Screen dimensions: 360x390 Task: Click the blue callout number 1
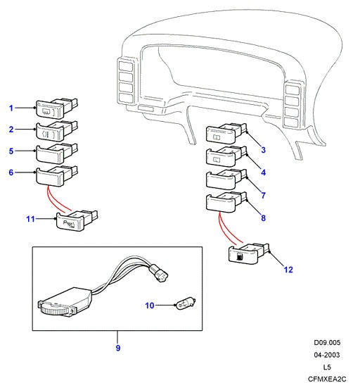point(11,108)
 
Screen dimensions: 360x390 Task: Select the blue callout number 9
point(118,348)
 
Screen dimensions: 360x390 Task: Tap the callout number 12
point(288,270)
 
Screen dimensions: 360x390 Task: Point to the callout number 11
point(30,219)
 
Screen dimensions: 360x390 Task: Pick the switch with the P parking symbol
point(77,220)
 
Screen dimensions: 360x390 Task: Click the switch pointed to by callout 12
point(249,253)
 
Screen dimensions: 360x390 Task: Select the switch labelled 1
point(57,108)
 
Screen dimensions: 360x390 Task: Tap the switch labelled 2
point(57,130)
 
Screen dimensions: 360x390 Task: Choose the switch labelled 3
point(226,133)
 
